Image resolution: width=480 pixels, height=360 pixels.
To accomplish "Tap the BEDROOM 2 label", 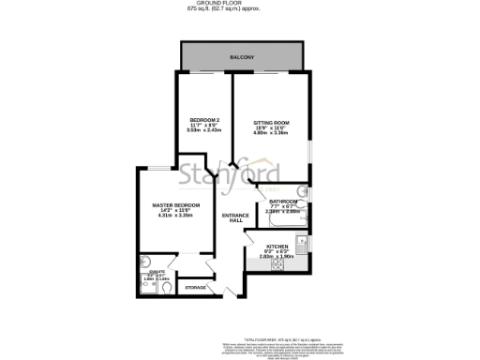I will coord(203,120).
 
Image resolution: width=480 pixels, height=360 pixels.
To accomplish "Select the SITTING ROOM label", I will coord(271,123).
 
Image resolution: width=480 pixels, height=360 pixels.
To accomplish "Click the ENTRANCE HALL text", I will coord(234,217).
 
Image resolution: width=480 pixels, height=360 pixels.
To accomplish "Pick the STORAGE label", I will coord(195,287).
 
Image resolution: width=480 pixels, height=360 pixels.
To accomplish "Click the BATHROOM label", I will coord(282,202).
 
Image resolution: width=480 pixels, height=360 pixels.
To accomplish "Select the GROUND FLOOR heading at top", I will coord(240,4).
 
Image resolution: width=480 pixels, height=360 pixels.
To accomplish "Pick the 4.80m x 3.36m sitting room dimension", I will coord(271,134).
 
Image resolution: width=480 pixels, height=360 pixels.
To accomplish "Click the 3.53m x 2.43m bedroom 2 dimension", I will coord(203,131).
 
